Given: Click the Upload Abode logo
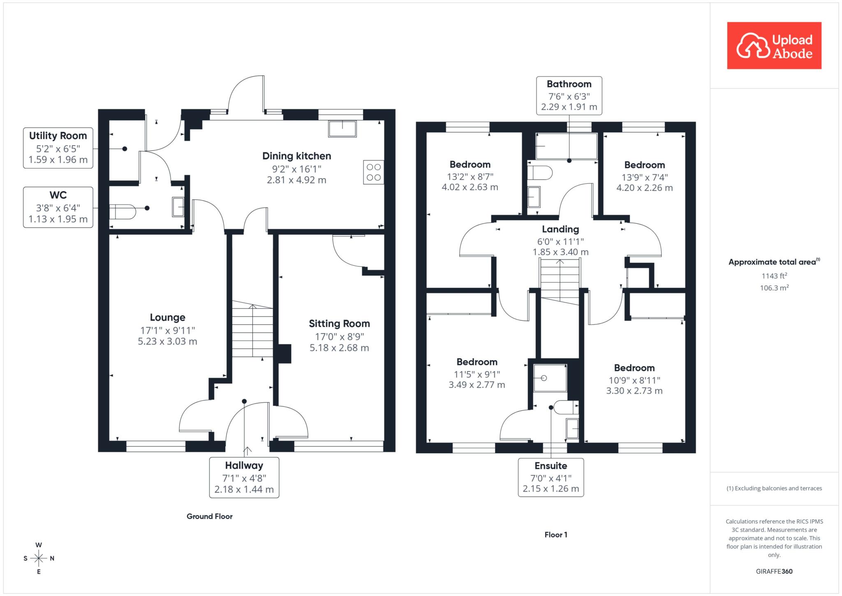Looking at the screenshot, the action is pyautogui.click(x=774, y=45).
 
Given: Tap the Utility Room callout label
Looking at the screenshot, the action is pyautogui.click(x=58, y=148).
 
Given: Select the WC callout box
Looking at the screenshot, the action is pyautogui.click(x=58, y=207).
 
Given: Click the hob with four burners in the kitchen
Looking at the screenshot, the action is pyautogui.click(x=374, y=172).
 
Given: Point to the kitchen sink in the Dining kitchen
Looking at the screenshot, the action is pyautogui.click(x=342, y=129).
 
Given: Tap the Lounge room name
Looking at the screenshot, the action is pyautogui.click(x=167, y=317).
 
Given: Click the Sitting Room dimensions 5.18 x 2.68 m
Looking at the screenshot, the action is pyautogui.click(x=339, y=348).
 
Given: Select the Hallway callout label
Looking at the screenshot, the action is pyautogui.click(x=244, y=478).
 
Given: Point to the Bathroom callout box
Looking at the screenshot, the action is pyautogui.click(x=569, y=95).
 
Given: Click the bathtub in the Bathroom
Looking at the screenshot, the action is pyautogui.click(x=567, y=146).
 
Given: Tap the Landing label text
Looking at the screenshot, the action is pyautogui.click(x=560, y=229).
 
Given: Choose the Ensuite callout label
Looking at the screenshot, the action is pyautogui.click(x=551, y=478).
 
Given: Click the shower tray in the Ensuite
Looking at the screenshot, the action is pyautogui.click(x=550, y=378).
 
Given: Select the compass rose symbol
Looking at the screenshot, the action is pyautogui.click(x=39, y=558).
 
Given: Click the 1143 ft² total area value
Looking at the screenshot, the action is pyautogui.click(x=774, y=276).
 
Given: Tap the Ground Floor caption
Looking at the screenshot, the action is pyautogui.click(x=210, y=516).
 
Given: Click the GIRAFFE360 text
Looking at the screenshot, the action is pyautogui.click(x=774, y=571).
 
